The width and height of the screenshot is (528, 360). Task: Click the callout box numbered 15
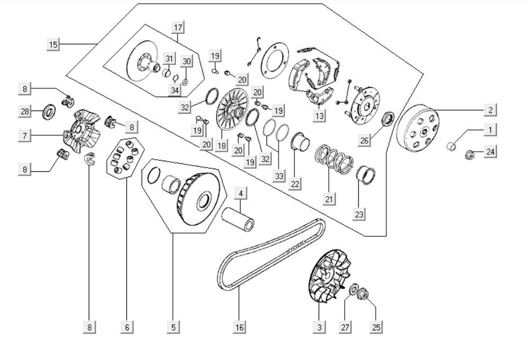tap(53, 44)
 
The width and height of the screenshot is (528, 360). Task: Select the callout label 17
tap(177, 27)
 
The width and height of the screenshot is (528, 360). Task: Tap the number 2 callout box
tap(490, 110)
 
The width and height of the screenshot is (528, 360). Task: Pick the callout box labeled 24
tap(490, 152)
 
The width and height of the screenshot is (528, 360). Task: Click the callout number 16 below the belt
tap(239, 327)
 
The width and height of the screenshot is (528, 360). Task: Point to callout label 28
tap(25, 111)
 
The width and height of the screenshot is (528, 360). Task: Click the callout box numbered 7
tap(25, 136)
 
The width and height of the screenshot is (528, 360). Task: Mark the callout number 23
tap(359, 214)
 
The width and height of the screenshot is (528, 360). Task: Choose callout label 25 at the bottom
tap(376, 327)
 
